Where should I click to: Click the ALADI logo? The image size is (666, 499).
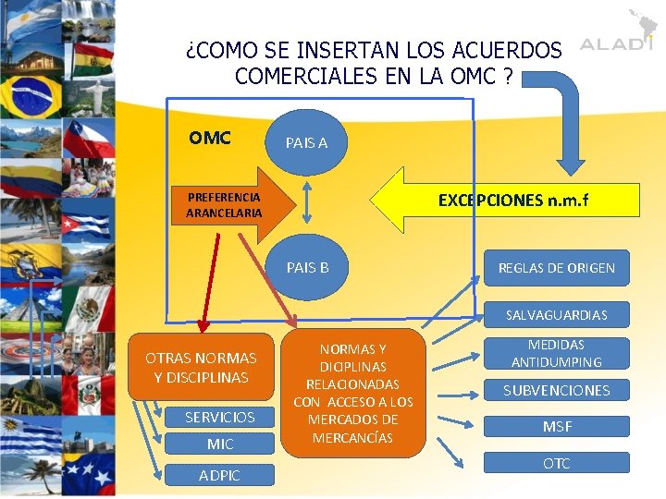point(615,42)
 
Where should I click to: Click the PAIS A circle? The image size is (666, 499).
point(306,142)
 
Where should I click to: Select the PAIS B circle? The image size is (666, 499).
point(307,268)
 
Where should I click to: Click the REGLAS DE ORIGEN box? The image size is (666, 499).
point(556,268)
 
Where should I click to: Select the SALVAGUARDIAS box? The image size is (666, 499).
point(556,315)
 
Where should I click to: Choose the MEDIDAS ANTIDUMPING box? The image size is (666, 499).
point(556,353)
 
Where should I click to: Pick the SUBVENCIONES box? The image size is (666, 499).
point(556,390)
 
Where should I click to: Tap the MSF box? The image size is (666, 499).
point(556,427)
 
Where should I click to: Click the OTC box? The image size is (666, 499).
point(556,463)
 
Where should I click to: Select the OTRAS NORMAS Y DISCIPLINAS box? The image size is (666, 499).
point(201,367)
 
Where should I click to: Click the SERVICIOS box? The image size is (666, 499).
point(219,417)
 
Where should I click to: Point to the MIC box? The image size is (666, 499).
point(219,444)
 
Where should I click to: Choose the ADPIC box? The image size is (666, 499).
point(219,475)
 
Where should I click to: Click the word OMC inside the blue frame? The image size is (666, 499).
point(210,139)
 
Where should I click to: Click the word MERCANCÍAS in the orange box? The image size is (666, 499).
point(352,437)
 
